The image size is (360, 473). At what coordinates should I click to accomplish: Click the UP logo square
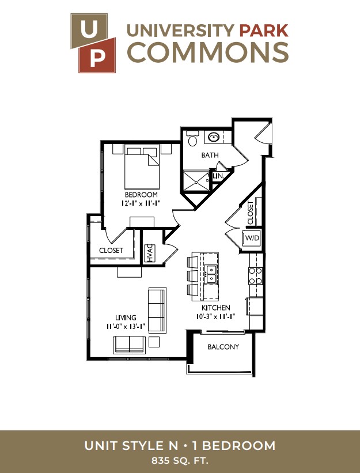pyautogui.click(x=93, y=43)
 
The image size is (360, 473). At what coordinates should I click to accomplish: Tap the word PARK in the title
pyautogui.click(x=264, y=31)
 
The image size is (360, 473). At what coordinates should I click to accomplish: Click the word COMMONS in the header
pyautogui.click(x=209, y=52)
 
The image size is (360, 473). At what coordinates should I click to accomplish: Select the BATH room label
pyautogui.click(x=210, y=155)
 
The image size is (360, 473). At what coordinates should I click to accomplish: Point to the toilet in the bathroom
pyautogui.click(x=192, y=138)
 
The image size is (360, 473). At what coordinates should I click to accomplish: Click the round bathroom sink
pyautogui.click(x=214, y=138)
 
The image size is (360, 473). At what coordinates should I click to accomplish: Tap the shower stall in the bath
pyautogui.click(x=196, y=181)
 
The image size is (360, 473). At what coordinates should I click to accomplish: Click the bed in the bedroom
pyautogui.click(x=142, y=167)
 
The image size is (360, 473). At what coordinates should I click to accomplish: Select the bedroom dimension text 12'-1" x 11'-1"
pyautogui.click(x=140, y=203)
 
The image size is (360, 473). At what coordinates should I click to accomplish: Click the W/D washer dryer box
pyautogui.click(x=252, y=238)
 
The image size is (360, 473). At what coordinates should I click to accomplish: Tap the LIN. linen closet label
pyautogui.click(x=218, y=176)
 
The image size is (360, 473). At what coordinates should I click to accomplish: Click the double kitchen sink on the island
pyautogui.click(x=211, y=274)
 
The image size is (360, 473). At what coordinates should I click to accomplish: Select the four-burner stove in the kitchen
pyautogui.click(x=255, y=276)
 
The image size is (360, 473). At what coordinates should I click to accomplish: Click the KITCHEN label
pyautogui.click(x=216, y=308)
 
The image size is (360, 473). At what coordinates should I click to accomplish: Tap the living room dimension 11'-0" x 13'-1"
pyautogui.click(x=126, y=327)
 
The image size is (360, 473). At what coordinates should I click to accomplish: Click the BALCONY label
pyautogui.click(x=223, y=347)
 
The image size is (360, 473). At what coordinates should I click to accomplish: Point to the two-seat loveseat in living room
pyautogui.click(x=130, y=345)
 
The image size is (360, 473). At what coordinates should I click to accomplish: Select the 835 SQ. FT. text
pyautogui.click(x=180, y=461)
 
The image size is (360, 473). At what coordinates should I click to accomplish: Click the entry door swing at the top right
pyautogui.click(x=263, y=133)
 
